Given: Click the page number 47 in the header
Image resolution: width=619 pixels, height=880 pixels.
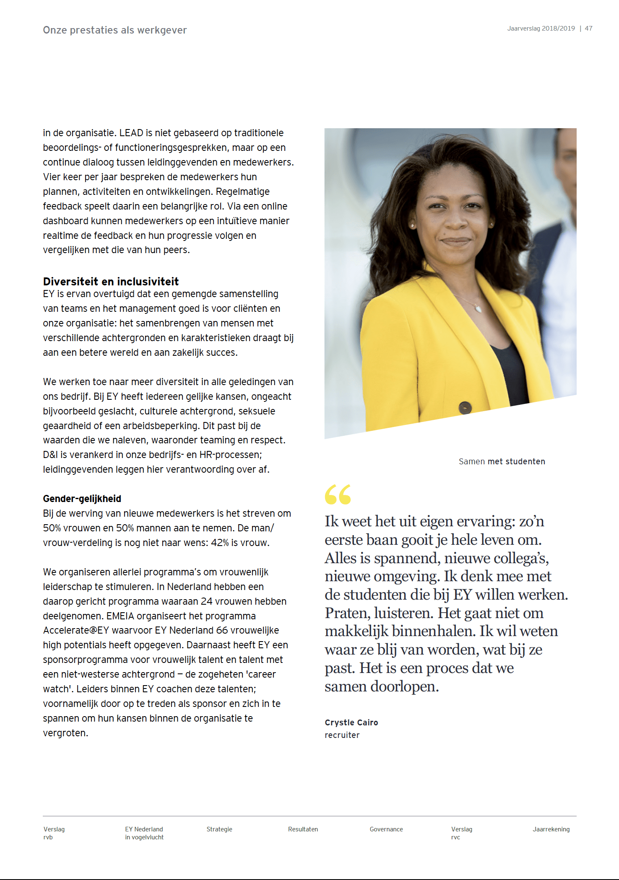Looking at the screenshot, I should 588,28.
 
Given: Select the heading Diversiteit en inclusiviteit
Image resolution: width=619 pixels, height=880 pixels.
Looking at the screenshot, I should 111,281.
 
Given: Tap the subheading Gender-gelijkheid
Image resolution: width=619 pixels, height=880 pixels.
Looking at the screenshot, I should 82,499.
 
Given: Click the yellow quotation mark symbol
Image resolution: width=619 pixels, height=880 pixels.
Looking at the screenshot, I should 338,494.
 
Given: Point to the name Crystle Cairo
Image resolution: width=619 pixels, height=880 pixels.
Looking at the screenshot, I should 351,722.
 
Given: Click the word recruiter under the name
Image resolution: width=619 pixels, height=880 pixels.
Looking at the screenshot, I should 342,735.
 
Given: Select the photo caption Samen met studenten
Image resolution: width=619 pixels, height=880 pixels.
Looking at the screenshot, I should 502,461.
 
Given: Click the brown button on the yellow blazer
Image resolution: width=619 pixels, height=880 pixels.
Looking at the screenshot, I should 465,407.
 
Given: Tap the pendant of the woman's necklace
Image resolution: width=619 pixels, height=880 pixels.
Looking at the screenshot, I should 479,309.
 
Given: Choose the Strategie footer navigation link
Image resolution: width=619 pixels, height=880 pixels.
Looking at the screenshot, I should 219,829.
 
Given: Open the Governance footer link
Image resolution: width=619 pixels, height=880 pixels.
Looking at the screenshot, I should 386,829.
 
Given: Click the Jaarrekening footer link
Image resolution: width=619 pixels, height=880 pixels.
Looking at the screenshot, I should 551,829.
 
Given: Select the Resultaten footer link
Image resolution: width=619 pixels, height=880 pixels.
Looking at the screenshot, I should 303,829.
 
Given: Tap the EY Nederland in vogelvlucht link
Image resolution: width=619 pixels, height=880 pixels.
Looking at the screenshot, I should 144,833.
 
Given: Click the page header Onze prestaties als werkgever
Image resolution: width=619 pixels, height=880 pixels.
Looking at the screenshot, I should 114,30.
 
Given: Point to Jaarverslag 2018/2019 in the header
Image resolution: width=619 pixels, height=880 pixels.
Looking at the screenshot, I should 541,28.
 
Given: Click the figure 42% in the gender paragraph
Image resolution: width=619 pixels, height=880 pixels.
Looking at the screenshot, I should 220,543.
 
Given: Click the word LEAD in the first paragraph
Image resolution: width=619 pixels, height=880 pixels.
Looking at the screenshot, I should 131,133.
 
